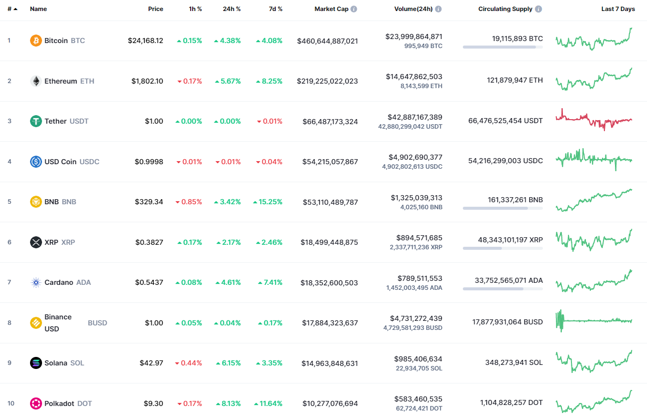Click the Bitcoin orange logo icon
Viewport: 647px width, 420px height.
36,41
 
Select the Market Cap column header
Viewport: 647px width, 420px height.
331,9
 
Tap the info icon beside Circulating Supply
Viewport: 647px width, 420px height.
538,9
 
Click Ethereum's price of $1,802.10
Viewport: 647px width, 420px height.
147,81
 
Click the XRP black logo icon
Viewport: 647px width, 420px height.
36,242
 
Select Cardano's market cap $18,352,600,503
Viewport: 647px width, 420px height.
330,283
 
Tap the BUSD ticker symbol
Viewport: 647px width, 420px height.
98,323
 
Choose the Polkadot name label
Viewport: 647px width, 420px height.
60,403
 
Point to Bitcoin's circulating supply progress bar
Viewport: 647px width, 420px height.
502,47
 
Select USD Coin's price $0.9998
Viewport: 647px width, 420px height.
149,162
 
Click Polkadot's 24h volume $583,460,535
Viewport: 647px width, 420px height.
415,399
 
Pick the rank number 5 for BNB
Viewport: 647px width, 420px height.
9,202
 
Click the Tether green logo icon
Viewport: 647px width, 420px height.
36,121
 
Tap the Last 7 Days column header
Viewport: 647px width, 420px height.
617,9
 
